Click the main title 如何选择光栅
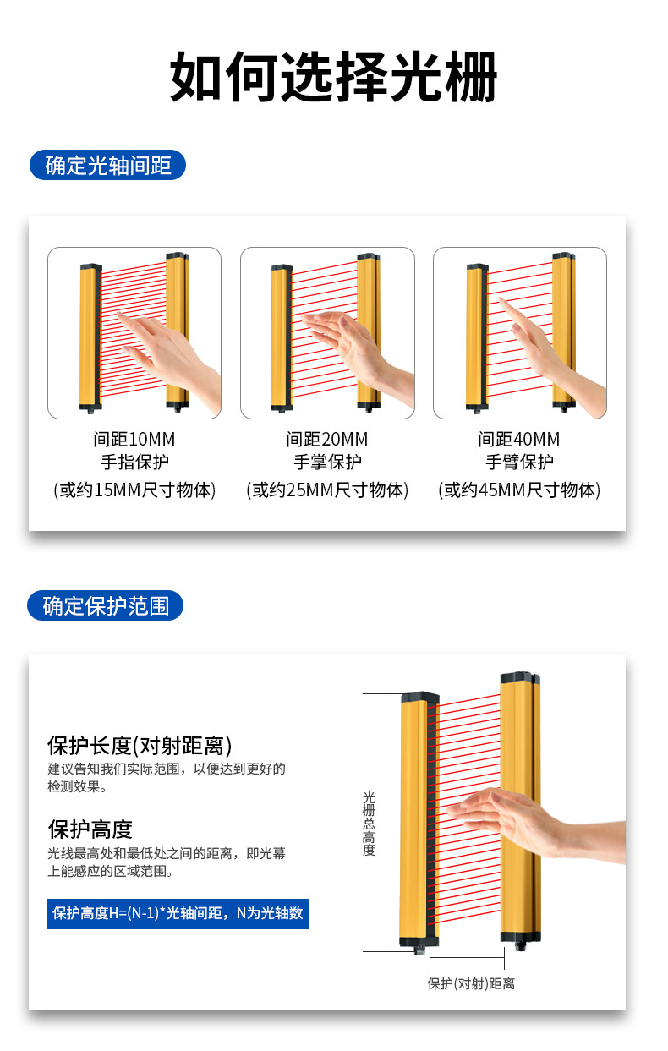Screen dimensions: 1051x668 [x=333, y=78]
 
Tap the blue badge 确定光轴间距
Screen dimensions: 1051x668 [x=107, y=165]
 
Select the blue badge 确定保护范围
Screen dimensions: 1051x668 [x=106, y=605]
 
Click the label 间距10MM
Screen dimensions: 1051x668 [x=134, y=440]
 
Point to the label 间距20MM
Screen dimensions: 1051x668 [x=327, y=440]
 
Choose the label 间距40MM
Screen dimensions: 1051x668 [x=519, y=440]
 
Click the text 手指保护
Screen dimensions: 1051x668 [x=134, y=463]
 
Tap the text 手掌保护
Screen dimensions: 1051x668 [x=327, y=463]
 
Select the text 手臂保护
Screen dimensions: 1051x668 [x=519, y=463]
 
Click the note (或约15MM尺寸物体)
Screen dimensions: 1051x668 [x=134, y=490]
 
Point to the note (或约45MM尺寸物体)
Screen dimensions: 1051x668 [x=519, y=490]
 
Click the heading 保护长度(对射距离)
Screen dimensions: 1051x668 [x=140, y=745]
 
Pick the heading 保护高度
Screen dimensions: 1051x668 [x=90, y=829]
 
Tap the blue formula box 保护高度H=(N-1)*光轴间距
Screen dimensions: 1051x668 [x=178, y=913]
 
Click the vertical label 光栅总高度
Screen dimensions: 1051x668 [x=369, y=824]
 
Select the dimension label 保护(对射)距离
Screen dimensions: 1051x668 [x=470, y=983]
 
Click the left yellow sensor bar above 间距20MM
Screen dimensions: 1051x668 [x=281, y=336]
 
